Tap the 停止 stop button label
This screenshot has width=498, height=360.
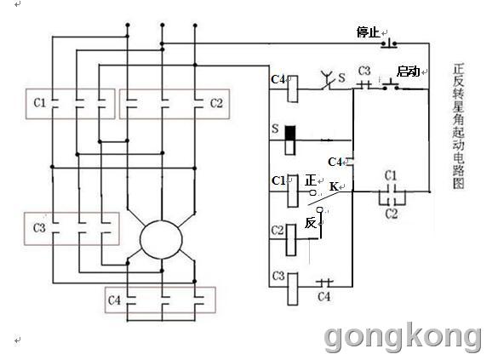pyautogui.click(x=368, y=31)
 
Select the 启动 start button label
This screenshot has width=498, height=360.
pyautogui.click(x=408, y=71)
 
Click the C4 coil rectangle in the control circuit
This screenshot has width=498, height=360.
pyautogui.click(x=293, y=89)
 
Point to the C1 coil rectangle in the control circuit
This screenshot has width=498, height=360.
pyautogui.click(x=293, y=191)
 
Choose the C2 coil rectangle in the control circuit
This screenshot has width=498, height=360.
pyautogui.click(x=291, y=240)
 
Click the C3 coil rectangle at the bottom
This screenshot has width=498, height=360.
pyautogui.click(x=293, y=289)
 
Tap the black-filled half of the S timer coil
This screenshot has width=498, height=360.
pyautogui.click(x=290, y=133)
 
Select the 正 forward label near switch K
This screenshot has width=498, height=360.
pyautogui.click(x=311, y=180)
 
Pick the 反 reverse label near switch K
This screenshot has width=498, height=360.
pyautogui.click(x=311, y=223)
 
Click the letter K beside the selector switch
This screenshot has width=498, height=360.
pyautogui.click(x=334, y=186)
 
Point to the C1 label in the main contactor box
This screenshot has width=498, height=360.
pyautogui.click(x=40, y=102)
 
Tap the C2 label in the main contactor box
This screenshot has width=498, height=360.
pyautogui.click(x=216, y=103)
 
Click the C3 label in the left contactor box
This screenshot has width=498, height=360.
pyautogui.click(x=39, y=227)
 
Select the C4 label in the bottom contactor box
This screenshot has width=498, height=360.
pyautogui.click(x=114, y=300)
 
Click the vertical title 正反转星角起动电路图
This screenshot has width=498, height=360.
pyautogui.click(x=459, y=126)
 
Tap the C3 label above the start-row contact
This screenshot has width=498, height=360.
pyautogui.click(x=364, y=71)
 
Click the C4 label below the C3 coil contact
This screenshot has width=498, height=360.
pyautogui.click(x=324, y=297)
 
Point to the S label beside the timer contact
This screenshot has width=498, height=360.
pyautogui.click(x=341, y=77)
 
